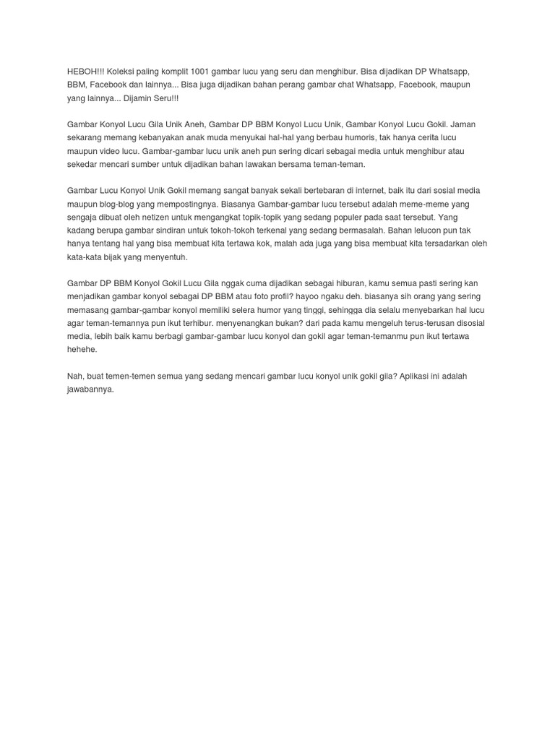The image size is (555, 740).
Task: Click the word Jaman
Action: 463,124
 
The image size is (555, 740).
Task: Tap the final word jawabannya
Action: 91,389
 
